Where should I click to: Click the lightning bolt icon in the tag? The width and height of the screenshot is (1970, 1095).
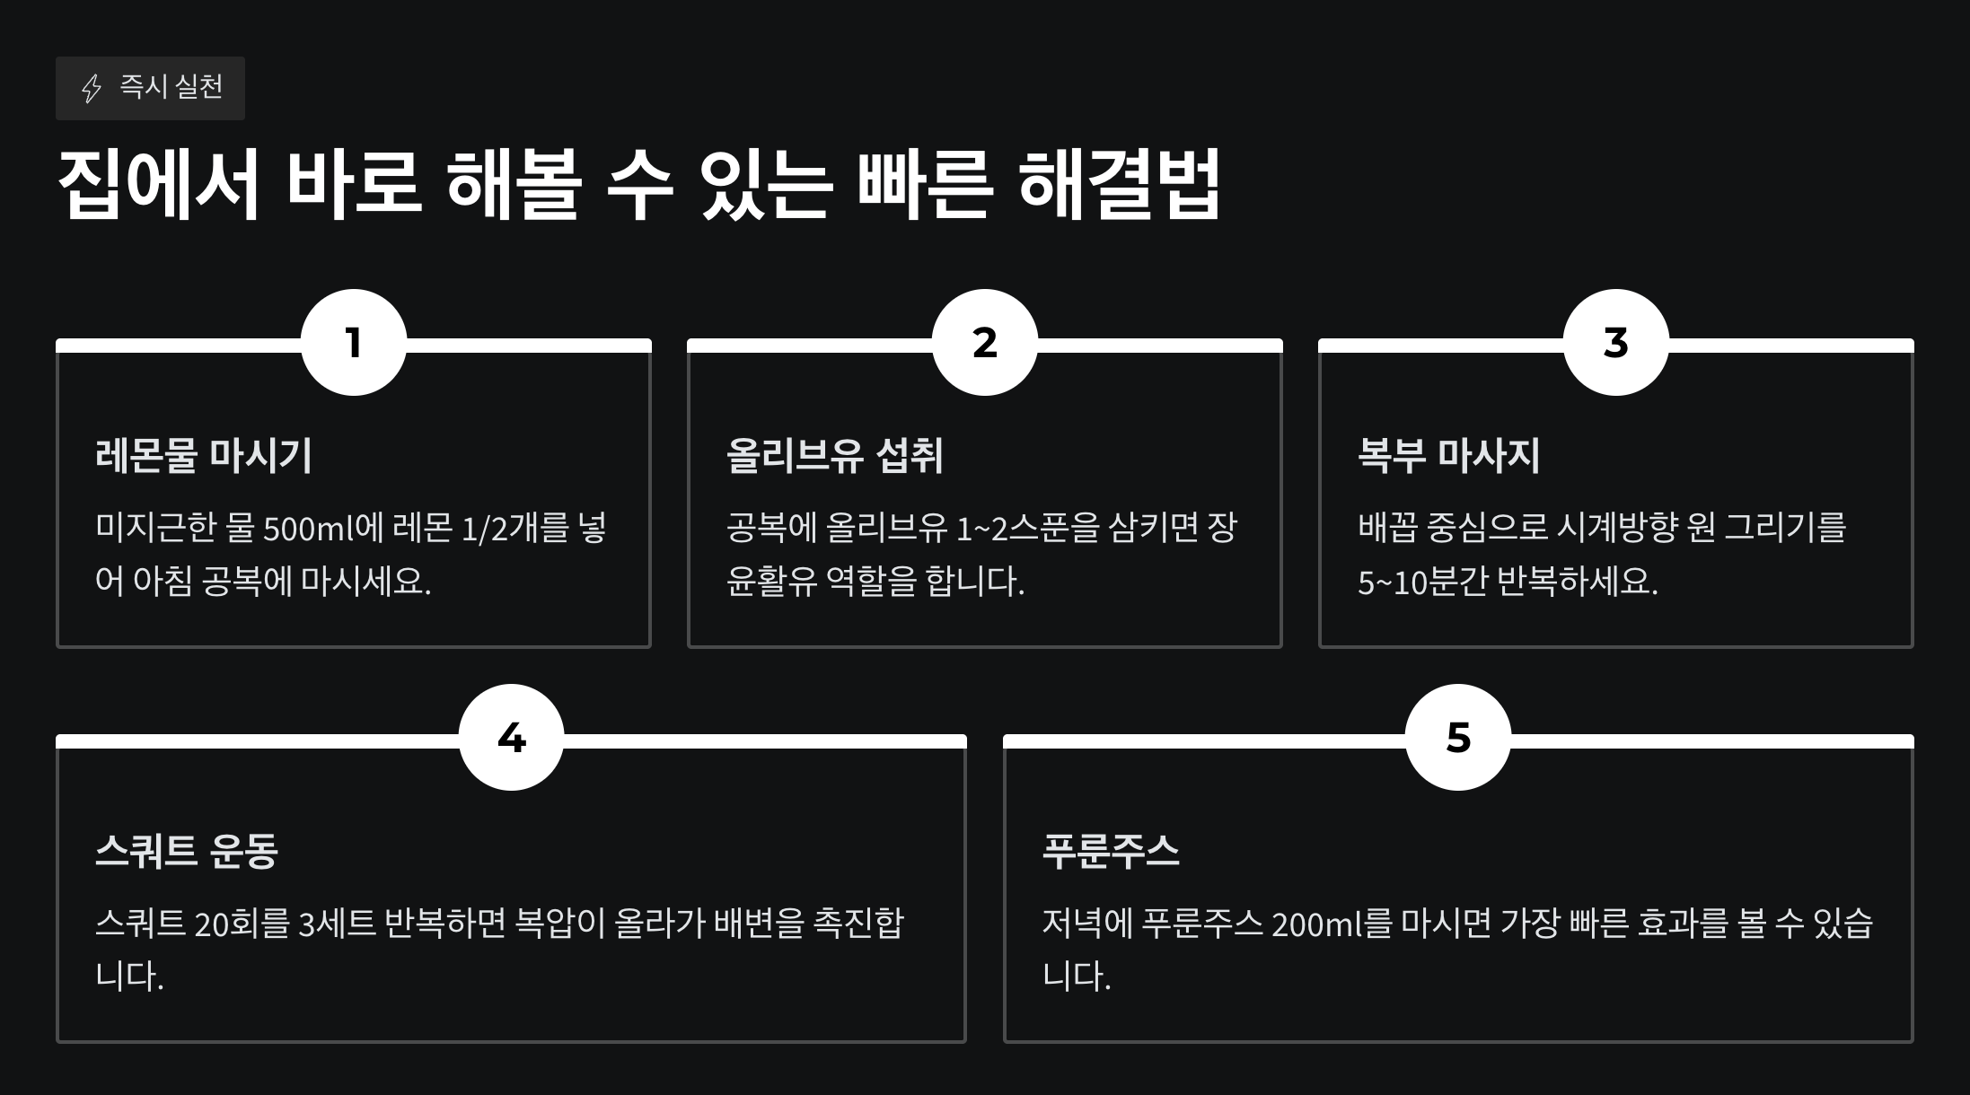pyautogui.click(x=92, y=88)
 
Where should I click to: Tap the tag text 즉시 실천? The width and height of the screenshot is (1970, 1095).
pyautogui.click(x=171, y=87)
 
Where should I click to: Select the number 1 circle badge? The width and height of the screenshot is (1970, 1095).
pyautogui.click(x=354, y=342)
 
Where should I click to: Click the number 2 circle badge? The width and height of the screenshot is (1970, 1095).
pyautogui.click(x=985, y=342)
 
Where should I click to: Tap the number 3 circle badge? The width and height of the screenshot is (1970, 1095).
pyautogui.click(x=1616, y=342)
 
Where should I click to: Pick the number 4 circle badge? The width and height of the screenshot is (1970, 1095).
pyautogui.click(x=512, y=738)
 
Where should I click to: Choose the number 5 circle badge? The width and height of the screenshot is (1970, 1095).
pyautogui.click(x=1458, y=738)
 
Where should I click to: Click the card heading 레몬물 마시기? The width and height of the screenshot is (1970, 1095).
pyautogui.click(x=204, y=455)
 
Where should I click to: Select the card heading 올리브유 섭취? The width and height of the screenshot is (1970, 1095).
pyautogui.click(x=835, y=455)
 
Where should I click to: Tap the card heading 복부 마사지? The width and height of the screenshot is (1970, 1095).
pyautogui.click(x=1448, y=455)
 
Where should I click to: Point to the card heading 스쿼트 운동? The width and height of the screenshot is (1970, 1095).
pyautogui.click(x=187, y=850)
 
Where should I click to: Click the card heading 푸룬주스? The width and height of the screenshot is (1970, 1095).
pyautogui.click(x=1111, y=850)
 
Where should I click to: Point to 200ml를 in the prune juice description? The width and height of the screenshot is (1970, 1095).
pyautogui.click(x=1319, y=924)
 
